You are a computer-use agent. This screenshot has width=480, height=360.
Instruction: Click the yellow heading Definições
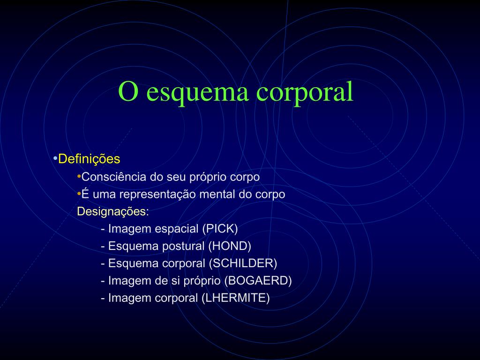[90, 159]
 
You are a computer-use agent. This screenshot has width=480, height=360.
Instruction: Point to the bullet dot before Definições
[56, 159]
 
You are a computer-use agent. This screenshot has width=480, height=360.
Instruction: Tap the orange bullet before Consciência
[79, 177]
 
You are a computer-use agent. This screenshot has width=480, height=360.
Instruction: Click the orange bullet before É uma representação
[79, 194]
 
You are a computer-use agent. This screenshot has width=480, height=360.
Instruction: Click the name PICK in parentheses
[220, 229]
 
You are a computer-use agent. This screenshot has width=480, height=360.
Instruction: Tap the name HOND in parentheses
[230, 246]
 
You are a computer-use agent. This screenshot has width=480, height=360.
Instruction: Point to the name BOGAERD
[258, 281]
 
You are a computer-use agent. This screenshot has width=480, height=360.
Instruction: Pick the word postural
[183, 246]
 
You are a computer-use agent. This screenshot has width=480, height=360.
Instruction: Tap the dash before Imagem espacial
[102, 229]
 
